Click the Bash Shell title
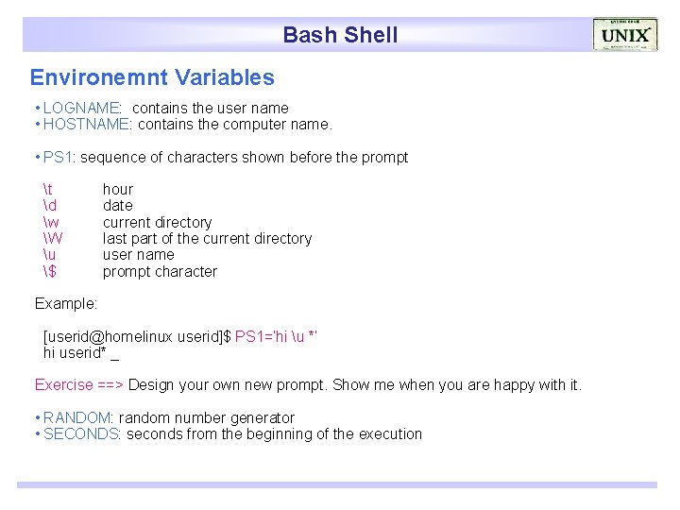pos(340,35)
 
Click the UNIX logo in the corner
pos(625,35)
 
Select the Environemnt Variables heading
pos(152,77)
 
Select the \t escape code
pos(48,190)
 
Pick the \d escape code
pos(50,206)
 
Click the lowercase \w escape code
pos(51,223)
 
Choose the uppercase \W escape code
pos(53,239)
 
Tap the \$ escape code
pos(50,272)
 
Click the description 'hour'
pos(118,190)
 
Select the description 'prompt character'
pos(160,272)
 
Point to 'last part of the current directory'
pos(207,239)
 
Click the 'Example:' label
pos(66,304)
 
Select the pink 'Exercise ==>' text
pos(79,385)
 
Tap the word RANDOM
pos(77,418)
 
